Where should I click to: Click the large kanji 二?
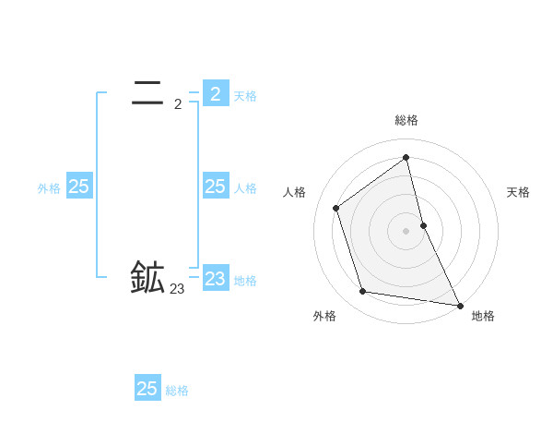coord(147,92)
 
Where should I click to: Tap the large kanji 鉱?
coord(147,278)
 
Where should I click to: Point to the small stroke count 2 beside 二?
coord(178,104)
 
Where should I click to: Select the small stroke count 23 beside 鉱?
coord(177,290)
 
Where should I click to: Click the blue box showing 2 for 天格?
coord(216,93)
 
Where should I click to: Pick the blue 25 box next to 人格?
coord(216,187)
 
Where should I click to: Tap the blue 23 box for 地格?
coord(216,278)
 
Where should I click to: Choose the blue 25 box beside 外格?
coord(79,187)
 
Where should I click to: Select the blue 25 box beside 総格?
coord(147,388)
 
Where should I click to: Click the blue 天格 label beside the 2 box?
coord(245,95)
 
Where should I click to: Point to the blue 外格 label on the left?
coord(49,188)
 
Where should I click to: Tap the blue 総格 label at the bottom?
coord(177,391)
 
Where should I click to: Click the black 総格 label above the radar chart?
coord(406,120)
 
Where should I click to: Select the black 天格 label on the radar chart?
coord(519,192)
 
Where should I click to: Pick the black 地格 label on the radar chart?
coord(483,316)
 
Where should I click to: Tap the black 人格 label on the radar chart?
coord(294,192)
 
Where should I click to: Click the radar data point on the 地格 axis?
coord(459,305)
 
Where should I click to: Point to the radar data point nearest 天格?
coord(423,224)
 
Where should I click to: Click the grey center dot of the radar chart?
coord(406,230)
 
